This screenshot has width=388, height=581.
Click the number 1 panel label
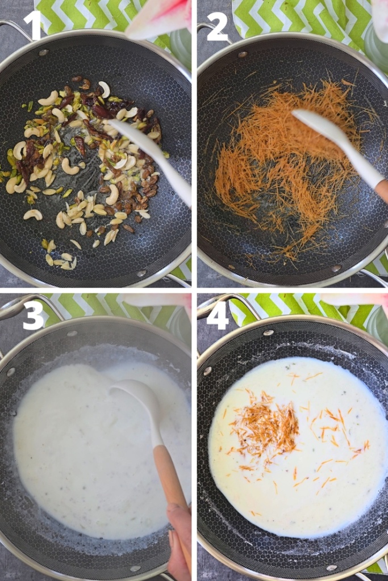coord(32,26)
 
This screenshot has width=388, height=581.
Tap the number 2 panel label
coord(217,26)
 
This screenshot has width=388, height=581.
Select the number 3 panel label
coord(33,317)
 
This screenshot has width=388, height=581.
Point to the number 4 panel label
coord(217,317)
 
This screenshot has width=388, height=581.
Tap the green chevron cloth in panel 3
coord(85,306)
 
